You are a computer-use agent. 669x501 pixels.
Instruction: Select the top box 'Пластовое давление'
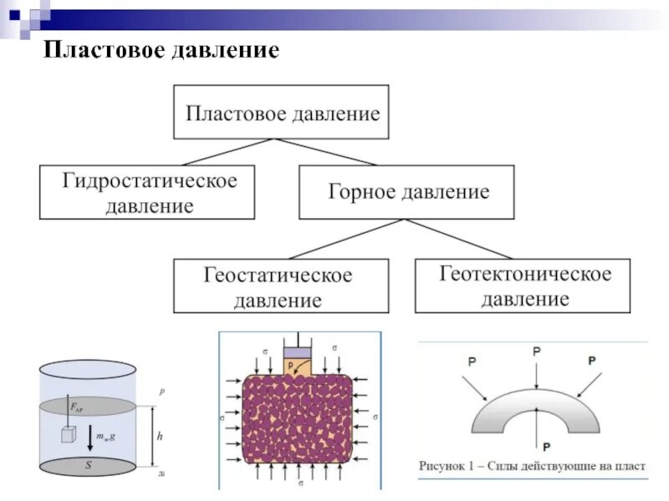tap(281, 112)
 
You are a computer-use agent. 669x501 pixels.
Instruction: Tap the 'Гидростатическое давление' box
tap(147, 193)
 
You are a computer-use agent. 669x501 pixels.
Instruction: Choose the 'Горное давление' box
tap(407, 192)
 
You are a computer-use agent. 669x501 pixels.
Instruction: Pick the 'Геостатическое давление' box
tap(281, 286)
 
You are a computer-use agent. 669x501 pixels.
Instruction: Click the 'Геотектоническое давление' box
tap(523, 286)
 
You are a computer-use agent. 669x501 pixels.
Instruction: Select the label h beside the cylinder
tap(160, 436)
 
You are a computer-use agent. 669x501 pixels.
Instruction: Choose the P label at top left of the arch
tap(472, 362)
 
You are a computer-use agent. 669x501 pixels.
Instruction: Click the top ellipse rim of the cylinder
tap(86, 368)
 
